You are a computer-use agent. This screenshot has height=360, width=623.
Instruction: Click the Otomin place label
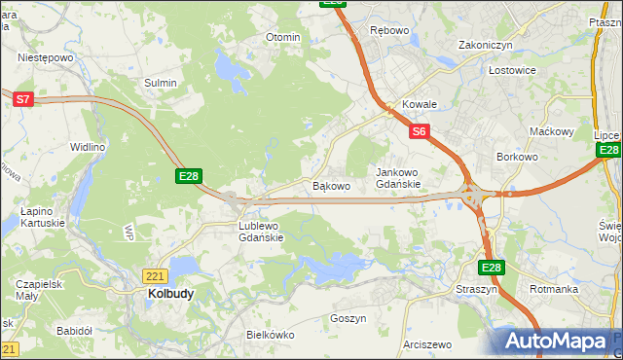283,37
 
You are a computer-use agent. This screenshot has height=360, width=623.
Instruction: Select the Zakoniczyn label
486,45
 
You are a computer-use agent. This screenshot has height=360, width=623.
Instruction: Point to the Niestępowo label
46,57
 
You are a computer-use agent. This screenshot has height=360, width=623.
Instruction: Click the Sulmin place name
161,83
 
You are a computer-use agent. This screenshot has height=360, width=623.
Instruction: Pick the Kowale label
420,104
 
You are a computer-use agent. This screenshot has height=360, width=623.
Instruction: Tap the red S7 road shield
23,98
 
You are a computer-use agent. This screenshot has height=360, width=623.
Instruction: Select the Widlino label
87,147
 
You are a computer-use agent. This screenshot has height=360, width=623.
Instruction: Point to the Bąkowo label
330,185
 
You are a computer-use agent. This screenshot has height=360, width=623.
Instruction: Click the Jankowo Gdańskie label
398,178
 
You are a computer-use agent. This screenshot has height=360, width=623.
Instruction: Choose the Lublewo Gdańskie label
261,231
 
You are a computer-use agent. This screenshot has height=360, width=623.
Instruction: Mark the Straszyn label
476,289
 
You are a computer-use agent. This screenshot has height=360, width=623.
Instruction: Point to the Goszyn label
348,318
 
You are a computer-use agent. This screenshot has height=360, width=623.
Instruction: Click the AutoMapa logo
556,342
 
